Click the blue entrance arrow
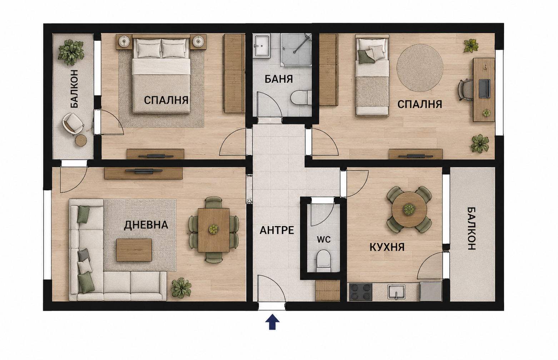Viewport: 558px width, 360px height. [x=272, y=322]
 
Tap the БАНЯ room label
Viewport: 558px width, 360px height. [x=279, y=79]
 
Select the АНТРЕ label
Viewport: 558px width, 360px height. [x=277, y=230]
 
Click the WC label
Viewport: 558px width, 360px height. [x=324, y=240]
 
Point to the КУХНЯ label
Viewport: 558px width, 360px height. [x=387, y=247]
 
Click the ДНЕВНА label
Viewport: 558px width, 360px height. [x=146, y=225]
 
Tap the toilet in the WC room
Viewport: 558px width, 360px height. [x=323, y=261]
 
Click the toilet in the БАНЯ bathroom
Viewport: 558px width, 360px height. [x=301, y=98]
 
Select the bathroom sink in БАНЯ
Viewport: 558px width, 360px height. [x=262, y=46]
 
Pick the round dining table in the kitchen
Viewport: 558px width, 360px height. [x=409, y=209]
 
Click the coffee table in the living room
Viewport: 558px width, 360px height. [x=134, y=250]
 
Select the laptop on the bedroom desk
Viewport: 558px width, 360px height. [x=485, y=89]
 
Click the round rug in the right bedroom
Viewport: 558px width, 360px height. [x=420, y=68]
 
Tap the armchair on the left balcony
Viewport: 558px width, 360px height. [x=73, y=123]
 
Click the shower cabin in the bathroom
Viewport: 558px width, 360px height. [x=296, y=50]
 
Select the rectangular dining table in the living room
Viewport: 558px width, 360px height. [x=214, y=230]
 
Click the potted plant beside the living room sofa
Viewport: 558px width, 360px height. [x=181, y=288]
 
